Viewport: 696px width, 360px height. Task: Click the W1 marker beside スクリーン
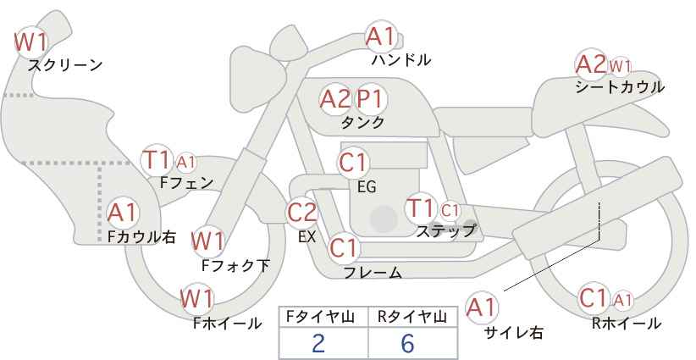[x=31, y=42]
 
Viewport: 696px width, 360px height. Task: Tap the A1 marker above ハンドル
[x=380, y=36]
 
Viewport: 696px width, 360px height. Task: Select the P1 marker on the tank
[x=370, y=99]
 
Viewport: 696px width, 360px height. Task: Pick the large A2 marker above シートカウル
[x=591, y=65]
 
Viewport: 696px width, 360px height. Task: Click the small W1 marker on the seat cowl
[x=620, y=67]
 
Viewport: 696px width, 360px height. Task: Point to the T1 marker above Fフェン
[x=157, y=160]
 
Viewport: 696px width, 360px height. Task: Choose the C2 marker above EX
[x=302, y=213]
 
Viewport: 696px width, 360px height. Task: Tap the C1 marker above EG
[x=353, y=163]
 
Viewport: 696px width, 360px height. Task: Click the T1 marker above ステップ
[x=420, y=208]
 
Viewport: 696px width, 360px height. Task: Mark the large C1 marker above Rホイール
[x=594, y=298]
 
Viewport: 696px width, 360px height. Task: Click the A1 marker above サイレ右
[x=482, y=307]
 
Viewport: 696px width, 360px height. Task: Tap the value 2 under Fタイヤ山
[x=318, y=343]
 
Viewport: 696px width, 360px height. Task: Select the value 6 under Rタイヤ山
[x=407, y=343]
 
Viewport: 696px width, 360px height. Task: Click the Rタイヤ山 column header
[x=412, y=317]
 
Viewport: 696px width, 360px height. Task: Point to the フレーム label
[x=373, y=272]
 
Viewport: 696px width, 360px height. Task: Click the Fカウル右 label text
[x=141, y=236]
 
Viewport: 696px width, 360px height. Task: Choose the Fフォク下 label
[x=235, y=265]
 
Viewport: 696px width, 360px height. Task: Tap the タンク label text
[x=362, y=123]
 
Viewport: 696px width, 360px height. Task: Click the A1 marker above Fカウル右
[x=123, y=213]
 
